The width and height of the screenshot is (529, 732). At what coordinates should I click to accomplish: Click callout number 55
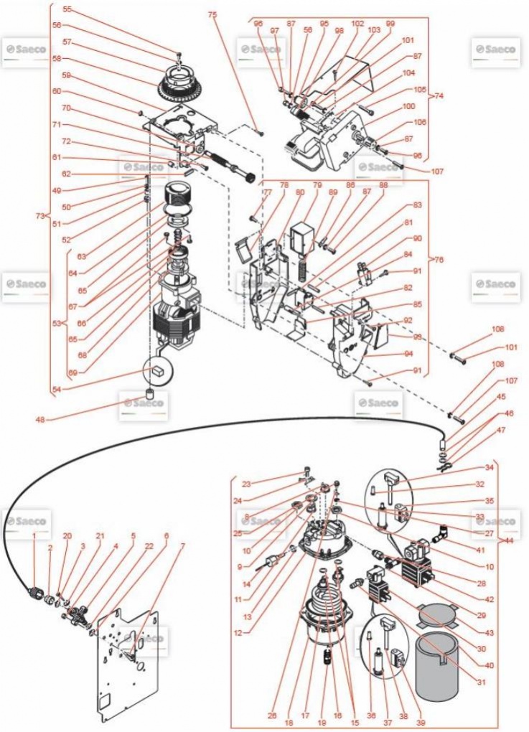tap(67, 9)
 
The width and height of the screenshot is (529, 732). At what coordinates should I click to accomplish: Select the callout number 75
tap(212, 14)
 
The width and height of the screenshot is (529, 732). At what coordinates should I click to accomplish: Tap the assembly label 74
tap(439, 95)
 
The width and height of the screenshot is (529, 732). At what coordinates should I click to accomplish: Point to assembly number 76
tap(439, 259)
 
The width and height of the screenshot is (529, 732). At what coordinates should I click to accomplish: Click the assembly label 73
tap(41, 215)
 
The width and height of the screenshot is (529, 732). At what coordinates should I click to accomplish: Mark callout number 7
tap(182, 546)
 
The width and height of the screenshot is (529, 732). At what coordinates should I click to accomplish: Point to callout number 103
tap(374, 32)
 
